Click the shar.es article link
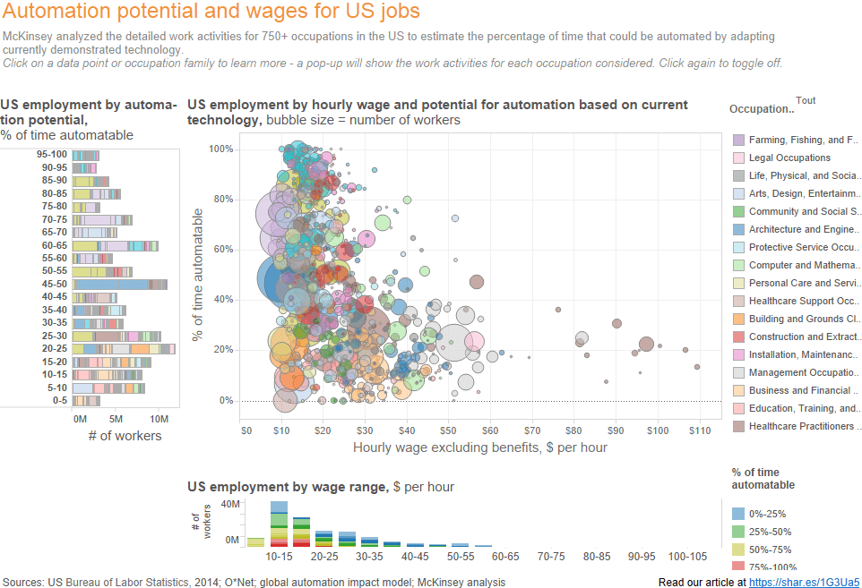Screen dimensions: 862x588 [804, 582]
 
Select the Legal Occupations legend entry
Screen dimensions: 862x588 [781, 158]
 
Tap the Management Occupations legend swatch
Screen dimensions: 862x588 [739, 372]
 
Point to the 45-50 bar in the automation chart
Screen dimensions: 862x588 [120, 284]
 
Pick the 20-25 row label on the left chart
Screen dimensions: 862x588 [55, 349]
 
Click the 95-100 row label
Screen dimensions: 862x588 [52, 155]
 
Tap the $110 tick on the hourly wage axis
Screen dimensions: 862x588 [700, 431]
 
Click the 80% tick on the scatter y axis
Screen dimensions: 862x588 [223, 199]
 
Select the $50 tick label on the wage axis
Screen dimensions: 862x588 [448, 431]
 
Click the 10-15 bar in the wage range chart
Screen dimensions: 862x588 [280, 524]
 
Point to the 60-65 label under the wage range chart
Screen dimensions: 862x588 [505, 556]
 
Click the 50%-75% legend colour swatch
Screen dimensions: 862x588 [738, 550]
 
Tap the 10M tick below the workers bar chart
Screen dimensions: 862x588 [159, 420]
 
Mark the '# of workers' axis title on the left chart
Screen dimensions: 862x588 [125, 436]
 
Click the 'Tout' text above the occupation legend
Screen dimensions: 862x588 [806, 100]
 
